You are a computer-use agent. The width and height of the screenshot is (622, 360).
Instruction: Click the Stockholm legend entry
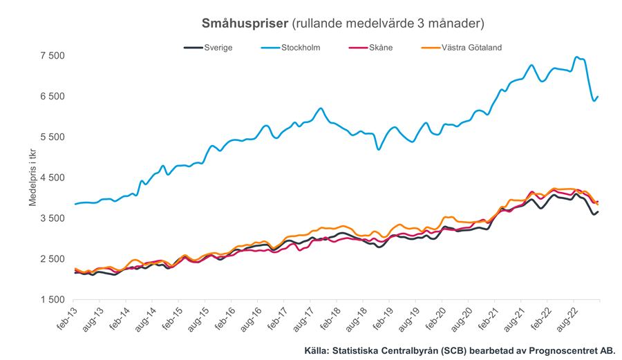pyautogui.click(x=300, y=48)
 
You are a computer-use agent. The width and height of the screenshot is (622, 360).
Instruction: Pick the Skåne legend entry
pyautogui.click(x=380, y=48)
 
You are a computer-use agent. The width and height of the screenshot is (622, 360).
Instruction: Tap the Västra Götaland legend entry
pyautogui.click(x=471, y=48)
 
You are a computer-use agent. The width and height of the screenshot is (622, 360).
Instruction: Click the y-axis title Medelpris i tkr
pyautogui.click(x=32, y=178)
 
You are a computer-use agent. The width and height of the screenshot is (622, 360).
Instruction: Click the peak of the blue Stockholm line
pyautogui.click(x=577, y=57)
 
